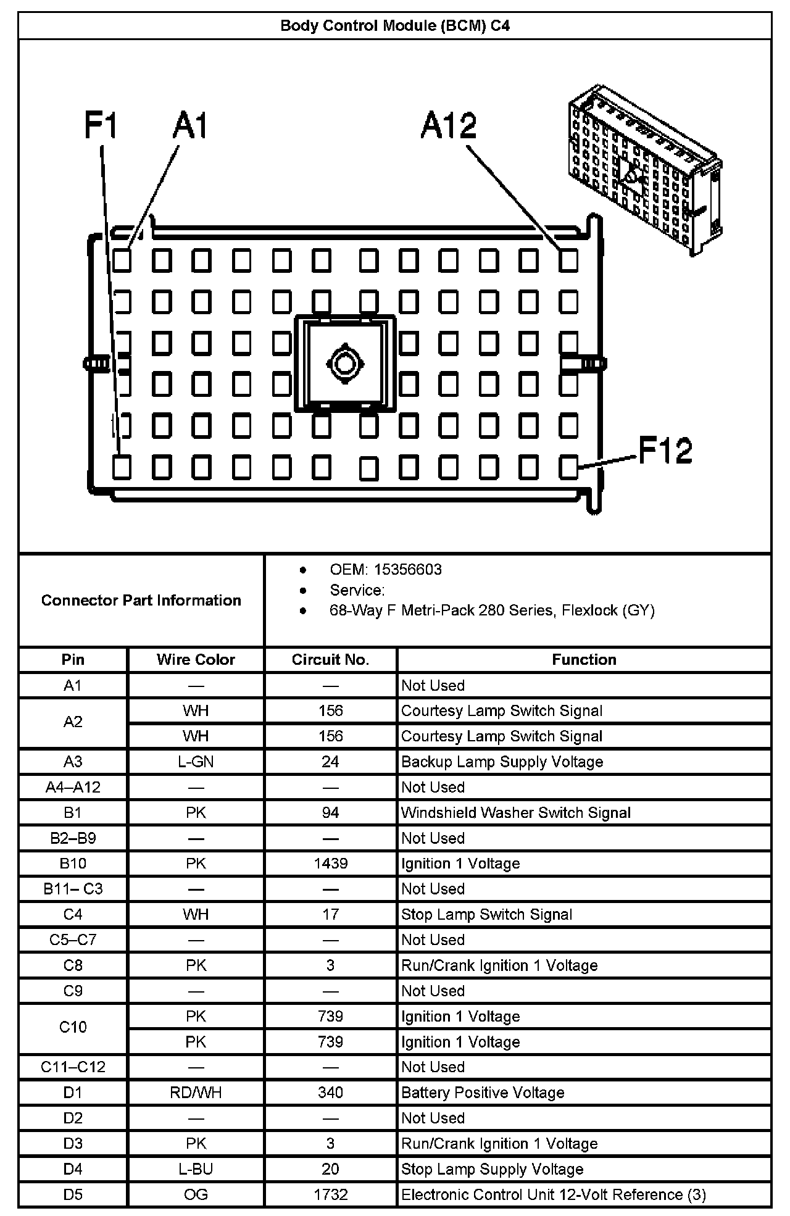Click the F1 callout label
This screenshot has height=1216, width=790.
101,126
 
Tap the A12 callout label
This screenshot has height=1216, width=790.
449,126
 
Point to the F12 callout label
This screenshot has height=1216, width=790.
665,450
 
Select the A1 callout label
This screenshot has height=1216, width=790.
190,126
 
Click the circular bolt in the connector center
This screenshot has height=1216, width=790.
345,363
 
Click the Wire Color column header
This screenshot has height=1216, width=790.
196,659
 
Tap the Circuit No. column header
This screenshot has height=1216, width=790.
330,659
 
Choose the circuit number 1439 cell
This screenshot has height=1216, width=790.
330,863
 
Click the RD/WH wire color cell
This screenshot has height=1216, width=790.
196,1092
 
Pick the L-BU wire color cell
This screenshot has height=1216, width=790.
196,1168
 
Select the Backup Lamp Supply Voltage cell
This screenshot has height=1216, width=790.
502,761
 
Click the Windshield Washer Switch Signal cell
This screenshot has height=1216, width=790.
515,812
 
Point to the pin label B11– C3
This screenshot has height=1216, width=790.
73,889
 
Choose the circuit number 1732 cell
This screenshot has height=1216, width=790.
330,1194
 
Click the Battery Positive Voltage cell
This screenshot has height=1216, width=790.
483,1092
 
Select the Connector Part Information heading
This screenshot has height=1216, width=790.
141,600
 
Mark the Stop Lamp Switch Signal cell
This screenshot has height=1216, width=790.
486,914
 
